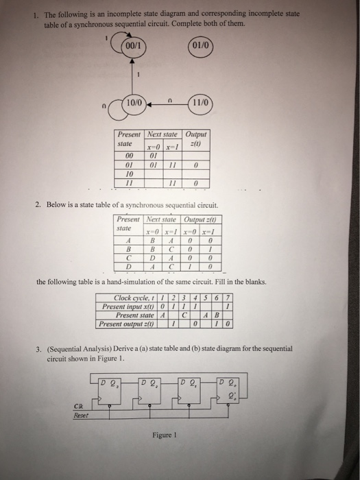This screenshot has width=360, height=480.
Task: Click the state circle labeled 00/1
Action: (130, 46)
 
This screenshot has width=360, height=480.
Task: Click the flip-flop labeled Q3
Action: (112, 384)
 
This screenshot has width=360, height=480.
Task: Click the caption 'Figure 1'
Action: (167, 435)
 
